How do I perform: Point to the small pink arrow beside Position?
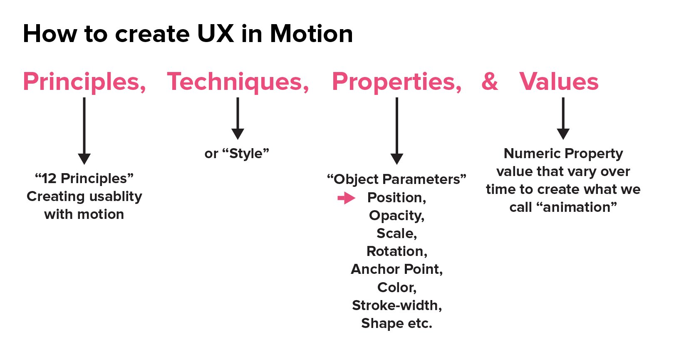pyautogui.click(x=346, y=198)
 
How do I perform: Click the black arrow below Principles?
pyautogui.click(x=84, y=131)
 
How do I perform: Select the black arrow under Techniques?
pyautogui.click(x=238, y=118)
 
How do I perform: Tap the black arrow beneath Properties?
pyautogui.click(x=397, y=131)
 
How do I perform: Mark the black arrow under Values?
pyautogui.click(x=563, y=118)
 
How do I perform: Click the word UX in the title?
pyautogui.click(x=216, y=34)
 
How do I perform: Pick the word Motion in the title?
pyautogui.click(x=312, y=34)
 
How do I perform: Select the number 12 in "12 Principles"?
pyautogui.click(x=49, y=179)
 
